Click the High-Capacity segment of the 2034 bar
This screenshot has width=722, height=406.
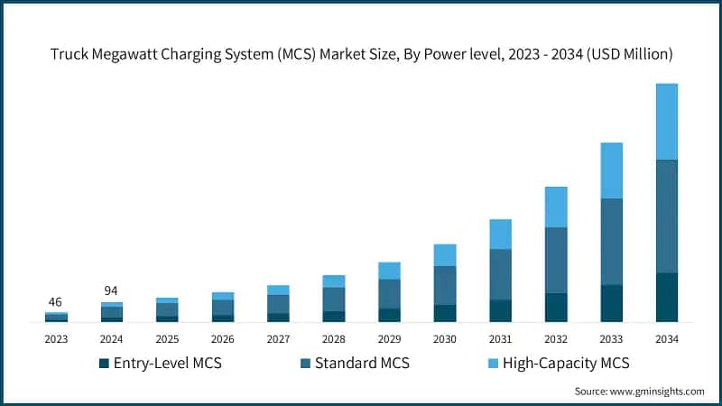pyautogui.click(x=667, y=122)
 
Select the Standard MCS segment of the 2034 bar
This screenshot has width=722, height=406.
pyautogui.click(x=667, y=217)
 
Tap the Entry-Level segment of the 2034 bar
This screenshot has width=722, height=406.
pyautogui.click(x=667, y=297)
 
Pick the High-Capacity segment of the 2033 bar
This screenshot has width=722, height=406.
pyautogui.click(x=611, y=171)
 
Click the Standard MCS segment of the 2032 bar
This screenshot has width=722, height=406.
pyautogui.click(x=556, y=260)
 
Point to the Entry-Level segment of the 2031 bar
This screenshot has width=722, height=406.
pyautogui.click(x=500, y=310)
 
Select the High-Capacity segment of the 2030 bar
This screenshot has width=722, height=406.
pyautogui.click(x=445, y=255)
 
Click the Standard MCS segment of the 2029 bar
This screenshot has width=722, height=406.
pyautogui.click(x=389, y=293)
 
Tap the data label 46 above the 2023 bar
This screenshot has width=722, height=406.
pyautogui.click(x=56, y=302)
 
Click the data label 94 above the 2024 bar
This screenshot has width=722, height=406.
pyautogui.click(x=112, y=291)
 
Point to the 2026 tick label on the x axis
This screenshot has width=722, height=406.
pyautogui.click(x=223, y=339)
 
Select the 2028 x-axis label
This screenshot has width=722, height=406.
pyautogui.click(x=334, y=339)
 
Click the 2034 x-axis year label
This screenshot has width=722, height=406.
pyautogui.click(x=667, y=339)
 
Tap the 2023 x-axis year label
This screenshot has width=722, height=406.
pyautogui.click(x=56, y=339)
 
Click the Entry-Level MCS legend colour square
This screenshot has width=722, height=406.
pyautogui.click(x=104, y=364)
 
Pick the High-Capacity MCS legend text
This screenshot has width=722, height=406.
pyautogui.click(x=564, y=364)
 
